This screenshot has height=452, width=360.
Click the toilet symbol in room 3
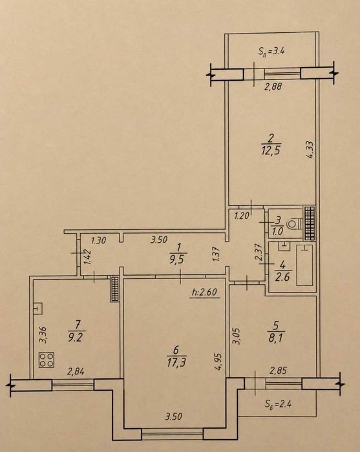point(295,223)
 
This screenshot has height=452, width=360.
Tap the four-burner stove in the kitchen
point(47,360)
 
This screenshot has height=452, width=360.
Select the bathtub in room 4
point(305,265)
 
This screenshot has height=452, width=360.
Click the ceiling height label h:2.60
point(204,293)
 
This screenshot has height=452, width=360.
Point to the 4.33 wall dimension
point(310,149)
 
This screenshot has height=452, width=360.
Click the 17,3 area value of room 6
point(176,363)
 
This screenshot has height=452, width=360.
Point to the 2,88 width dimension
point(273,86)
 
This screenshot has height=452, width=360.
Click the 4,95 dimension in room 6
point(220,362)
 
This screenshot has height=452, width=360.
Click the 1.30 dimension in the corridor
point(99,240)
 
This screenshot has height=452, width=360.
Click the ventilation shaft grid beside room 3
point(310,223)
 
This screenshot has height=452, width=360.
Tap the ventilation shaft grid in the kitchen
point(114,289)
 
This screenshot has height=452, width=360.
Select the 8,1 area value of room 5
point(276,338)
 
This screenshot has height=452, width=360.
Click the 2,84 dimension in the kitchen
point(76,372)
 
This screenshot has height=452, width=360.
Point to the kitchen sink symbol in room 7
point(37,309)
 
